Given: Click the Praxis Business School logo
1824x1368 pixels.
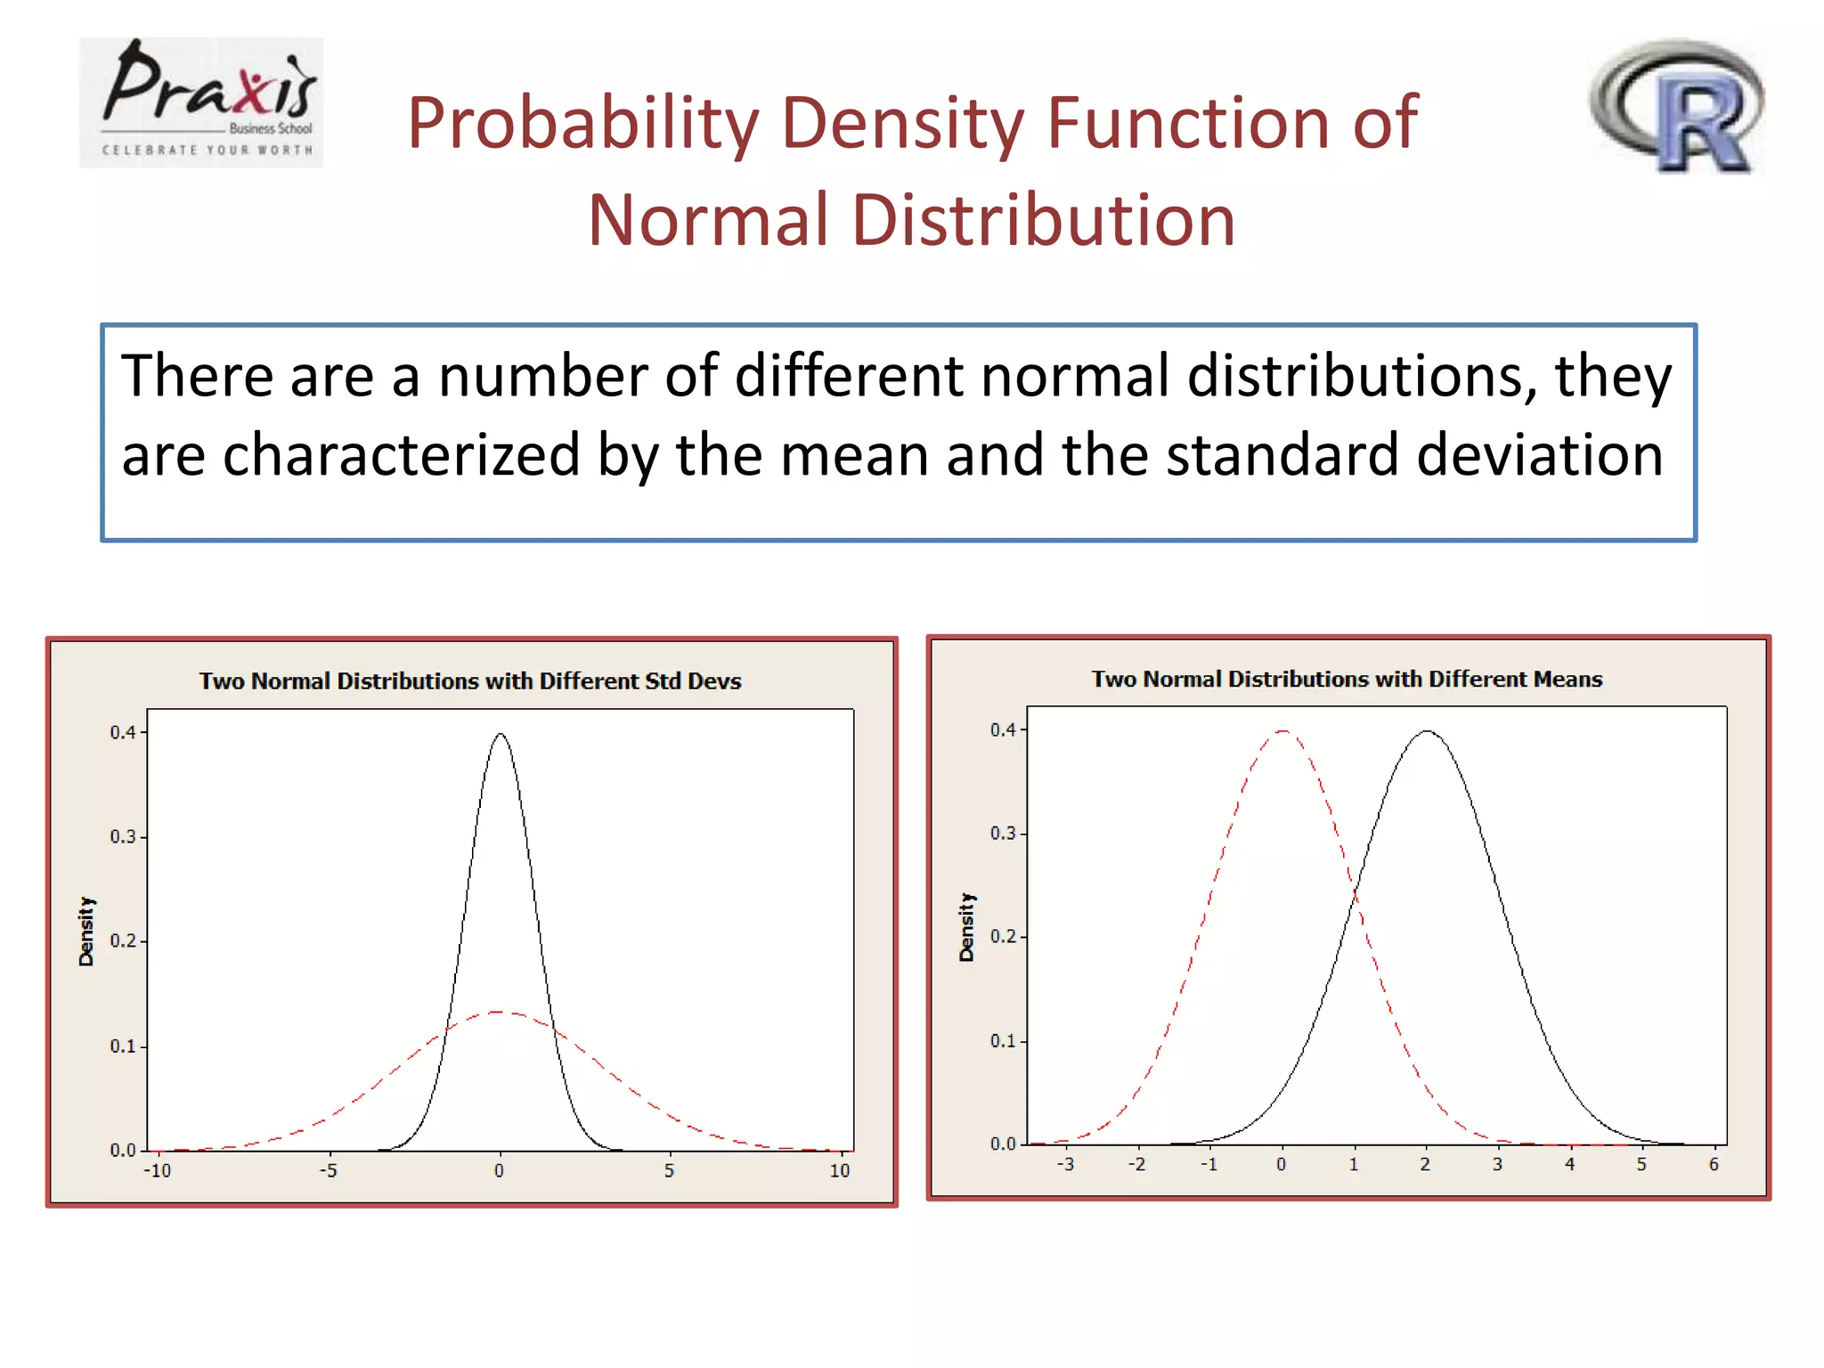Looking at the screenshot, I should (201, 102).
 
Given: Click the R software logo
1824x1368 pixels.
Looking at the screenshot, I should (1677, 105).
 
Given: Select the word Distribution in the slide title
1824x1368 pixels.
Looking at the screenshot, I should (1043, 220).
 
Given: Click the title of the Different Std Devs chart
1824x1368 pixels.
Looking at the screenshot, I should (469, 681).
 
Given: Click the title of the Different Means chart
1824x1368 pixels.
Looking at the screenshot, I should (1347, 680).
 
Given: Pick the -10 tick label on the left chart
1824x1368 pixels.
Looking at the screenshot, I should (157, 1171).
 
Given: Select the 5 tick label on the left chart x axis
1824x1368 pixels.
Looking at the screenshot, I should (669, 1171).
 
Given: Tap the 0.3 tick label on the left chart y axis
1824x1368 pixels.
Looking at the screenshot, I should (122, 837).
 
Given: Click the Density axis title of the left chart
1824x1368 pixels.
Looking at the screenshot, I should (86, 931).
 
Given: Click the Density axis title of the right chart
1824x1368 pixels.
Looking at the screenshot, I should (966, 927).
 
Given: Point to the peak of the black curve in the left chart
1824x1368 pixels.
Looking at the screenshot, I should (501, 734).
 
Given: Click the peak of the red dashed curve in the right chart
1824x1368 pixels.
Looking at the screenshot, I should (1282, 731).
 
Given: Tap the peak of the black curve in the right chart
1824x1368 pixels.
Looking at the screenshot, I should (1427, 731).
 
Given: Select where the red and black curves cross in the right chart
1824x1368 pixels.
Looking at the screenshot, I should (1355, 893).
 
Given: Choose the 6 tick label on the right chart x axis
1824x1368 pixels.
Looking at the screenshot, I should (1714, 1165).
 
